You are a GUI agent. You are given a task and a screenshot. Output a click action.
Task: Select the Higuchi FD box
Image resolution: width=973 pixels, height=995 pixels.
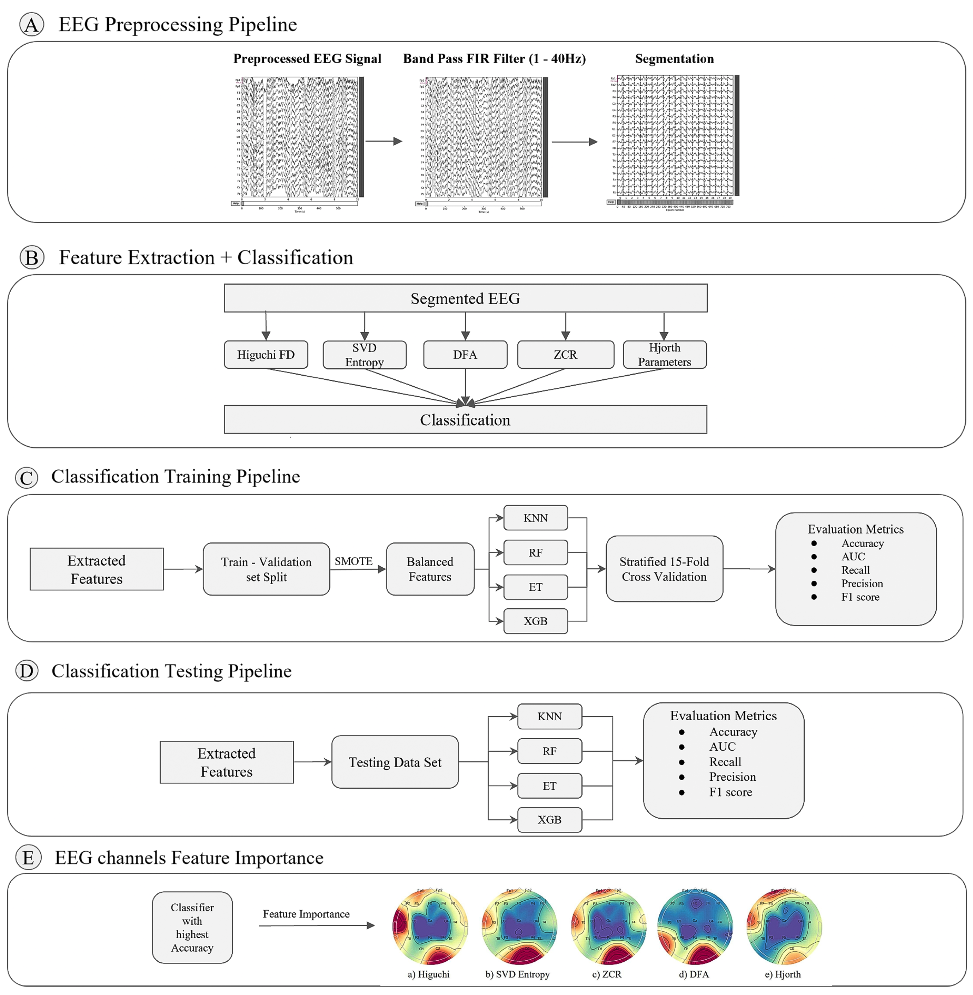pyautogui.click(x=266, y=354)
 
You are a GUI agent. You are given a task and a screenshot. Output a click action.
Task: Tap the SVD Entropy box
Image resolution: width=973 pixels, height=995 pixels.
pyautogui.click(x=364, y=354)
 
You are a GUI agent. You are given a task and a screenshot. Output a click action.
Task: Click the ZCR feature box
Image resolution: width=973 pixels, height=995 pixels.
pyautogui.click(x=565, y=354)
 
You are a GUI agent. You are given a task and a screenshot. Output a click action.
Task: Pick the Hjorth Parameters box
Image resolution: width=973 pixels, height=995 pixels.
pyautogui.click(x=664, y=354)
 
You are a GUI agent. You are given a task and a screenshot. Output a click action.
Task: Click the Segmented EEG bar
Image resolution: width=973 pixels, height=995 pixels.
pyautogui.click(x=465, y=298)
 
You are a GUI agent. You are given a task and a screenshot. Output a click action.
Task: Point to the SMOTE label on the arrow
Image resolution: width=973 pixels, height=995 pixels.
pyautogui.click(x=353, y=561)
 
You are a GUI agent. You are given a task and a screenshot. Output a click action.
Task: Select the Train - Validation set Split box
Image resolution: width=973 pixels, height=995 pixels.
pyautogui.click(x=266, y=569)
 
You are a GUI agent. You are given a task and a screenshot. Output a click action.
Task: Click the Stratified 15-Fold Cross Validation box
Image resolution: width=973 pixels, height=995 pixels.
pyautogui.click(x=664, y=568)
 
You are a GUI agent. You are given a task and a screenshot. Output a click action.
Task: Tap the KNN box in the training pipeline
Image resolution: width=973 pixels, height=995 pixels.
pyautogui.click(x=535, y=518)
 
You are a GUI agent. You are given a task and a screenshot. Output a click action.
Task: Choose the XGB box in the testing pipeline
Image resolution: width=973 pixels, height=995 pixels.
pyautogui.click(x=549, y=820)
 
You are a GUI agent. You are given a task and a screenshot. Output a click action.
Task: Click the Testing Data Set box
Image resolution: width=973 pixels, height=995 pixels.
pyautogui.click(x=394, y=762)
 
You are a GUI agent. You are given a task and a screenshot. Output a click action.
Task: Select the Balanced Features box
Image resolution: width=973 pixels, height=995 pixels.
pyautogui.click(x=430, y=569)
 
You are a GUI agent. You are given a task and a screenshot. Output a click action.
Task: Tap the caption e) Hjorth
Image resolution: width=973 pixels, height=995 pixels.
pyautogui.click(x=782, y=974)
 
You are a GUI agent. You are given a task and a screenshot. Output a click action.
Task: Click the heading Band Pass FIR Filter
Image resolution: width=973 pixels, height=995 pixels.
pyautogui.click(x=494, y=59)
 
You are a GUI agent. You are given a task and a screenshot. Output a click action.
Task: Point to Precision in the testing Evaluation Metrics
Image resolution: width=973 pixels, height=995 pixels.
pyautogui.click(x=732, y=777)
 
